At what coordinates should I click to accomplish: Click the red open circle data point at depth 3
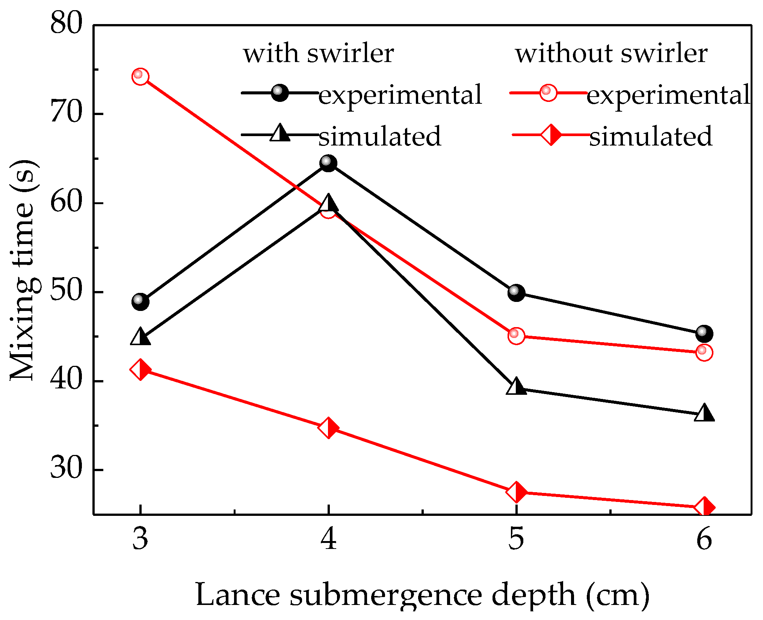point(140,77)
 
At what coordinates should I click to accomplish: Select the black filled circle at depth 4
point(329,163)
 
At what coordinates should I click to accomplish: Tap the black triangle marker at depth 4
point(329,203)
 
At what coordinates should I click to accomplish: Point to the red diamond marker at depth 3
point(140,370)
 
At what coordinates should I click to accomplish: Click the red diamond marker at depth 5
point(517,492)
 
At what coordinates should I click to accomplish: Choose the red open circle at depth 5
point(516,335)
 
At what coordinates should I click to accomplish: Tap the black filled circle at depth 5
point(517,293)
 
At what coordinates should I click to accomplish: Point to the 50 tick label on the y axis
point(66,292)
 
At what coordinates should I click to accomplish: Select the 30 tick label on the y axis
point(66,470)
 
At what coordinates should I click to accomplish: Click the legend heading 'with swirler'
point(319,53)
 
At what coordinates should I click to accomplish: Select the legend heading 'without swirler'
point(611,53)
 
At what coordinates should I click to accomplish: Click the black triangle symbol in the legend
point(280,133)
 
